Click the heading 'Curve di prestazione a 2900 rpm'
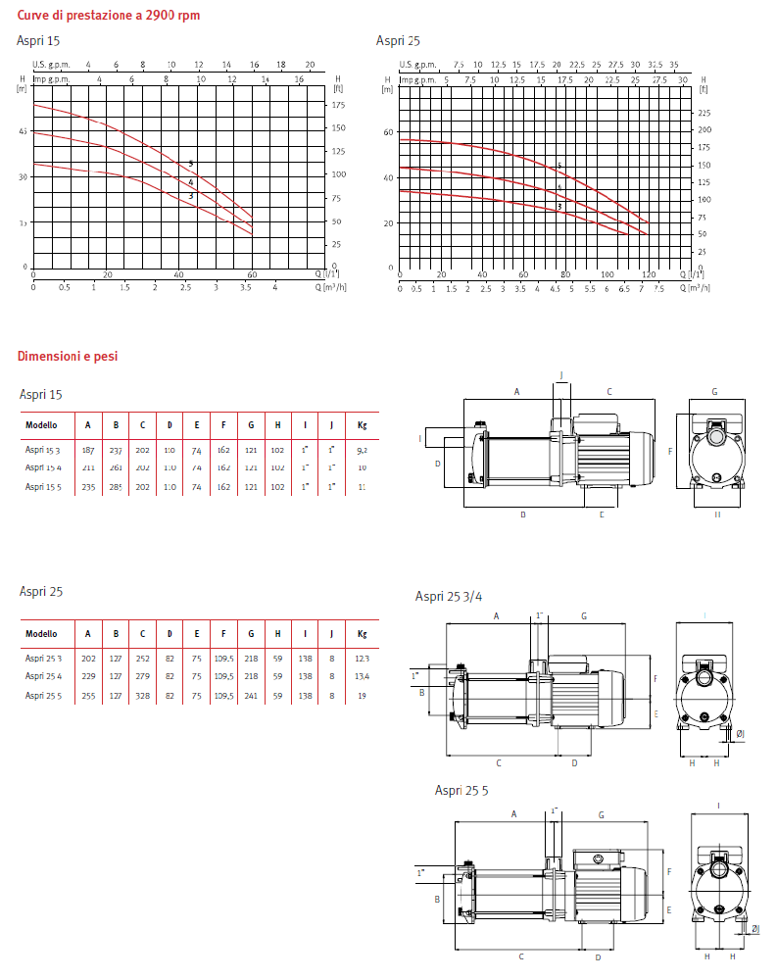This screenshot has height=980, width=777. pos(108,15)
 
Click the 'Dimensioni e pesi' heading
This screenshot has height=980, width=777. pos(67,357)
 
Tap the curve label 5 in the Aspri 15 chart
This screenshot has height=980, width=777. pos(191,164)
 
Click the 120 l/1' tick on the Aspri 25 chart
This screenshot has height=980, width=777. pos(650,275)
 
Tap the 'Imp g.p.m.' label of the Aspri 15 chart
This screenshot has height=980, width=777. pos(53,77)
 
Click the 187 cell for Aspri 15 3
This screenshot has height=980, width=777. pos(88,449)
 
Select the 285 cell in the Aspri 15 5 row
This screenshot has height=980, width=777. pos(116,486)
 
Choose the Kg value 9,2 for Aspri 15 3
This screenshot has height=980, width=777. pos(362,449)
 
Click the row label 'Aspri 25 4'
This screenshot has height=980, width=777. pos(43,676)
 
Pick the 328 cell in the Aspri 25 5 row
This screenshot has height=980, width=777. pos(143,695)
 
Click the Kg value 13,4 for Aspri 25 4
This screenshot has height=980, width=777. pos(362,676)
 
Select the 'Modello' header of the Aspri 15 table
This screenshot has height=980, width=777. pos(41,425)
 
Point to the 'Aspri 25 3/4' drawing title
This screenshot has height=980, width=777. pos(449,596)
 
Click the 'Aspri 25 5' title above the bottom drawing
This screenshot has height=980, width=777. pos(461,790)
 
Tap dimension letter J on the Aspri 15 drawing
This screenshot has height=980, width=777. pos(561,375)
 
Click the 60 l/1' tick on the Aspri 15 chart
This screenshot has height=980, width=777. pos(252,275)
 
